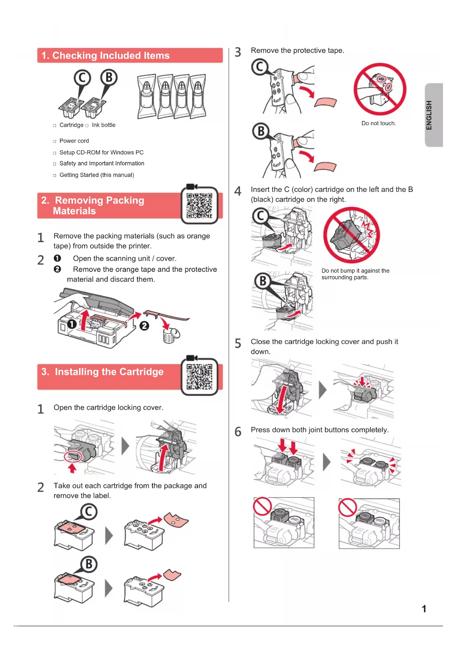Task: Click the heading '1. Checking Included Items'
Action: [105, 56]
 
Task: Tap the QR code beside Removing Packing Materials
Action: [200, 206]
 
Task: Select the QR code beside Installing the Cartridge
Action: [200, 377]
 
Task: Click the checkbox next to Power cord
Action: [55, 141]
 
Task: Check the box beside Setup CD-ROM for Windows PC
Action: [55, 153]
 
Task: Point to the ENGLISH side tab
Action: [434, 115]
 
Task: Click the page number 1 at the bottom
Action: [424, 609]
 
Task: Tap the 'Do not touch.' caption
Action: [379, 123]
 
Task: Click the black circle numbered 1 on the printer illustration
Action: [72, 324]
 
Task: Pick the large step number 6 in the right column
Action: [238, 432]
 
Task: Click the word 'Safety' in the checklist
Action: [68, 164]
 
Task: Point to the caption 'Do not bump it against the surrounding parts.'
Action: [355, 274]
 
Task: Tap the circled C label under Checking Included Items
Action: [82, 78]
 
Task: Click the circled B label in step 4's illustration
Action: [263, 281]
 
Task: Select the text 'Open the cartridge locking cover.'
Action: [108, 408]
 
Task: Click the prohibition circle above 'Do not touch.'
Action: [380, 89]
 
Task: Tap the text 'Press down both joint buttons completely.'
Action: [320, 430]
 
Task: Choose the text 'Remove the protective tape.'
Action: [298, 50]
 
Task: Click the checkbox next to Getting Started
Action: [55, 176]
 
